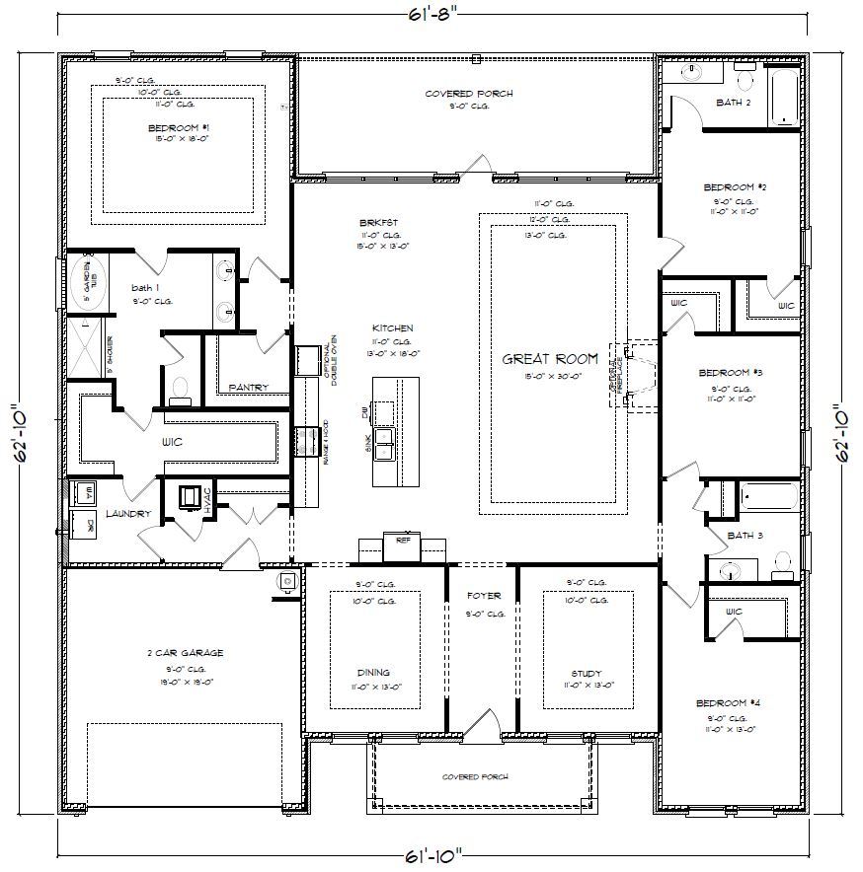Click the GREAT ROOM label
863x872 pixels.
point(550,359)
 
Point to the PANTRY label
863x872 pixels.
point(248,387)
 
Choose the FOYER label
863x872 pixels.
point(484,596)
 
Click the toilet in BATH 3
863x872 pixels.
point(782,564)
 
